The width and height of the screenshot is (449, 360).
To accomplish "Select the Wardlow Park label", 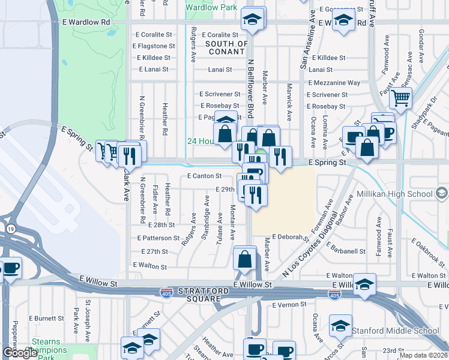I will tap(211, 7).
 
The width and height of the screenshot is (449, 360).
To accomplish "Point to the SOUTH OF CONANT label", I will tap(226, 47).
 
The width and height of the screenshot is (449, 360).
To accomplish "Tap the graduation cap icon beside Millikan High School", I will tap(442, 193).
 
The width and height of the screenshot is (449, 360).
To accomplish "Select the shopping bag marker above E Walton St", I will tap(245, 259).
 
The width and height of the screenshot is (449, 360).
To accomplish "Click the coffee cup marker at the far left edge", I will tap(10, 267).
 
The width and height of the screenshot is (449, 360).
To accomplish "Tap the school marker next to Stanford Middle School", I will tap(340, 326).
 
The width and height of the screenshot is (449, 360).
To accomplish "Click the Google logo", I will tap(20, 353).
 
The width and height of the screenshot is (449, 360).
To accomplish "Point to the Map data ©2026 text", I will tap(423, 355).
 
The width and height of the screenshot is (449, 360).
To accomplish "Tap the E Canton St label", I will tap(204, 176).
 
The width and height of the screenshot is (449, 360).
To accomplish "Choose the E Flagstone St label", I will tap(155, 46).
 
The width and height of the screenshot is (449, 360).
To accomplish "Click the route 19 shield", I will tap(11, 229).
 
